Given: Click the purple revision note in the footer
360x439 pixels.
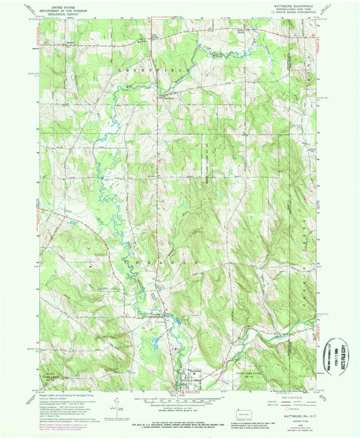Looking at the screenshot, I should click(57, 426).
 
